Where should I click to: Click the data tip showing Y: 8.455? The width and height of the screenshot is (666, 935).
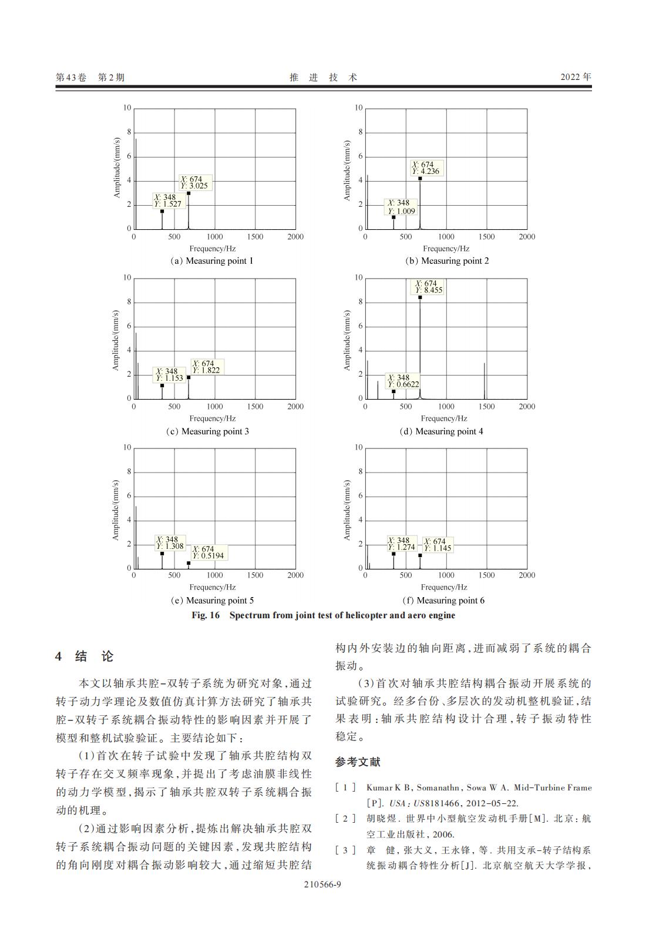pos(428,287)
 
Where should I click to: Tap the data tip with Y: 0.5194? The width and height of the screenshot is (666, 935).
pos(208,552)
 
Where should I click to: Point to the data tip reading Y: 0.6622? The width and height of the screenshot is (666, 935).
pos(403,381)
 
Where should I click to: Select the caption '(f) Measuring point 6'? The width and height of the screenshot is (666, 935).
pos(443,600)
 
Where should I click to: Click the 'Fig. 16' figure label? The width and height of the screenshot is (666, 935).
pos(206,615)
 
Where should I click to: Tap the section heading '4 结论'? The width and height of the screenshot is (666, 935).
pos(85,656)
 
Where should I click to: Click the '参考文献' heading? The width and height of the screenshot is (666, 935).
pos(358,762)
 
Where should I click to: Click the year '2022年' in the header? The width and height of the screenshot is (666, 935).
pos(576,77)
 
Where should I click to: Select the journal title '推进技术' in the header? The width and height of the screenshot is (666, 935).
pos(324,77)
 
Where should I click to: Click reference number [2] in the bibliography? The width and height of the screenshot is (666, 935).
pos(345,818)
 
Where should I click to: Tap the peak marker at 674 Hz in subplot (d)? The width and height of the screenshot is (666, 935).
pos(420,297)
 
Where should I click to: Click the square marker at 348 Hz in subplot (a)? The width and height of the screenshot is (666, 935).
pos(162,211)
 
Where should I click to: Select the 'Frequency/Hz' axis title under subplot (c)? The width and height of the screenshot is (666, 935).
pos(213,418)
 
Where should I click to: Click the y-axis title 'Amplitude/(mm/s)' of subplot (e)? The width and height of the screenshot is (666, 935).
pos(115,510)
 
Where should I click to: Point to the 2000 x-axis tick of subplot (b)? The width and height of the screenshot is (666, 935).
pos(527,237)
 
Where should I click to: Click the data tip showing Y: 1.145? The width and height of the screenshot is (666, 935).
pos(438,545)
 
